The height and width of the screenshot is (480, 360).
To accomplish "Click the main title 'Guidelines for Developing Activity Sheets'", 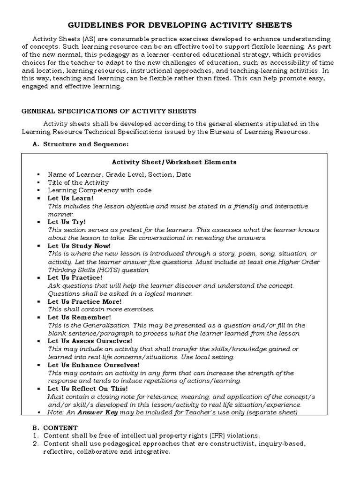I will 180,24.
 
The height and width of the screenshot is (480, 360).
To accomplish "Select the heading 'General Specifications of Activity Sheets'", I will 109,111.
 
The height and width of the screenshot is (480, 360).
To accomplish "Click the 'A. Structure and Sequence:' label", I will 80,144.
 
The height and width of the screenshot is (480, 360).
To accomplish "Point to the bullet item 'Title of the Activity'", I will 72,182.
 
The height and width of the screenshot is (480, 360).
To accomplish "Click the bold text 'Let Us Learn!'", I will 70,198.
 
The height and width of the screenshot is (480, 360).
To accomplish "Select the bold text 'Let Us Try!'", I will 67,222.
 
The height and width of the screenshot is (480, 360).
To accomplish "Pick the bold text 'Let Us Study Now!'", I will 79,246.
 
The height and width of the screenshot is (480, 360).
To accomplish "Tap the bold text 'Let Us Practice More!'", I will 84,301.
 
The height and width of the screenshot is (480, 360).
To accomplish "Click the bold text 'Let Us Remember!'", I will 79,317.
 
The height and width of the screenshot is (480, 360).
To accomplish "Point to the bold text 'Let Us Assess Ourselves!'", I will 90,341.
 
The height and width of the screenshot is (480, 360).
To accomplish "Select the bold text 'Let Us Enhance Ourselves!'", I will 93,365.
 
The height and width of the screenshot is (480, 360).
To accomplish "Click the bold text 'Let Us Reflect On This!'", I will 87,389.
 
